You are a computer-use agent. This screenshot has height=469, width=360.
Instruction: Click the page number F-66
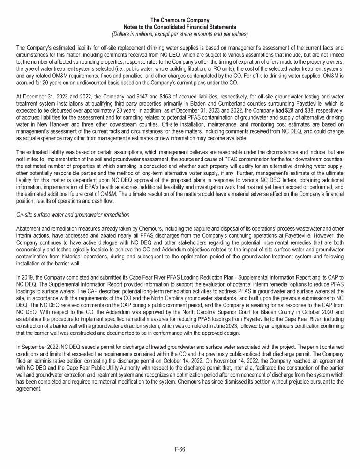coord(180,449)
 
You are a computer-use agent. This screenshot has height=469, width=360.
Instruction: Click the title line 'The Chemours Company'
coord(180,20)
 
